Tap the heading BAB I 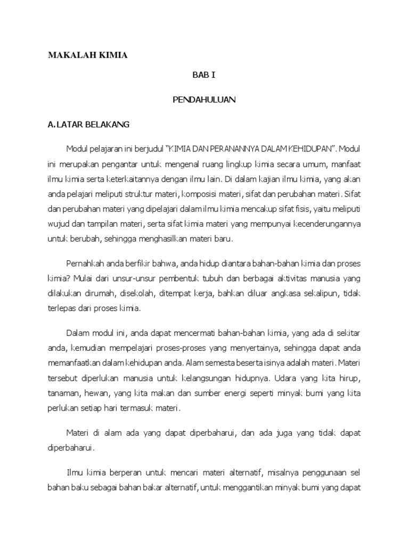(x=204, y=76)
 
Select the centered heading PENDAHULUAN (x=204, y=100)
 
